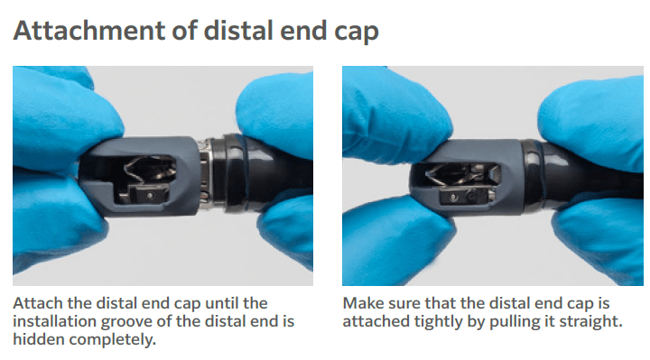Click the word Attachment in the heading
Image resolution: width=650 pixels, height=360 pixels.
[85, 31]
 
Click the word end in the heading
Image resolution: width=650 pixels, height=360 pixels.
[301, 31]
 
